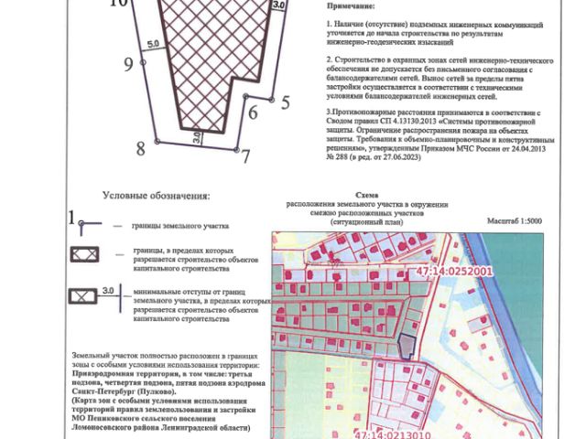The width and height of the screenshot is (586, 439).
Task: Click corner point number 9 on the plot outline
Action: point(128,64)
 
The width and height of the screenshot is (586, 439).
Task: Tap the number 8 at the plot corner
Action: point(141,148)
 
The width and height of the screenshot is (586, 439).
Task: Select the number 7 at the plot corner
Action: point(245,155)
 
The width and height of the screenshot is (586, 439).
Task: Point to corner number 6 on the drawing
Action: point(252,112)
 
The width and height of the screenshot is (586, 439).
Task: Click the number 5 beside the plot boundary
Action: point(285,102)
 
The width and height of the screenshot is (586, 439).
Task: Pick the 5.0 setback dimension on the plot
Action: point(152,44)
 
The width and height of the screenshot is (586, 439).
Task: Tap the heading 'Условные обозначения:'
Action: point(156,196)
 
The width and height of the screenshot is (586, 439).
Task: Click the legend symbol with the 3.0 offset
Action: point(85,296)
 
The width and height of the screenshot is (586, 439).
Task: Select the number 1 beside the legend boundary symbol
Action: point(71,217)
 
